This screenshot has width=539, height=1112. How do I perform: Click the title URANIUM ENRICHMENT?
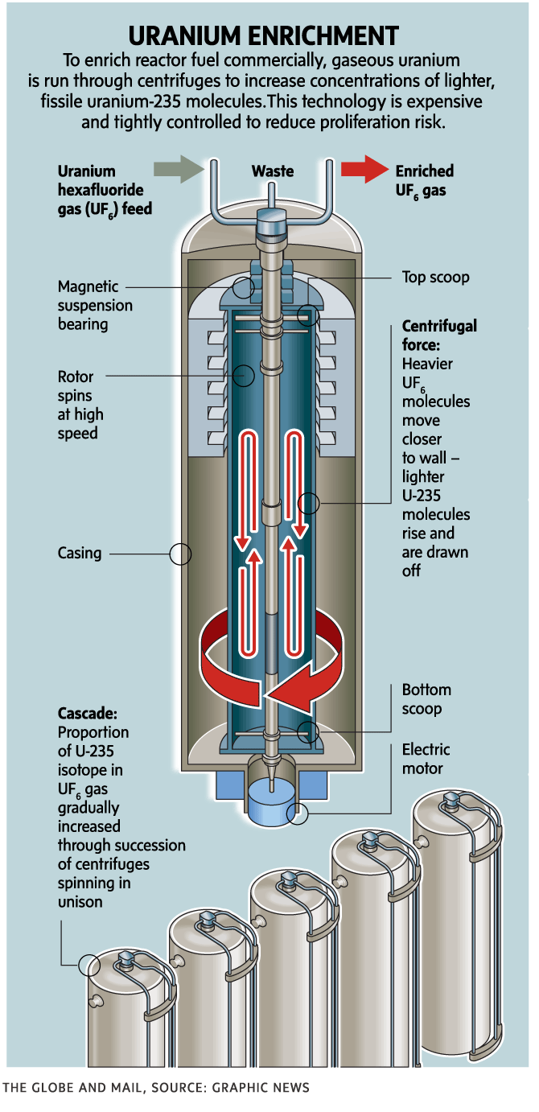tap(264, 35)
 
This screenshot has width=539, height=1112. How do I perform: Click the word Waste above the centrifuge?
tap(273, 171)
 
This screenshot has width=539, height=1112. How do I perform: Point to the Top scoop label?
tap(435, 277)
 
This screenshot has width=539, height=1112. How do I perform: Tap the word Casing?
tap(80, 554)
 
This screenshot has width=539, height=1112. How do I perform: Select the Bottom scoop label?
tap(426, 699)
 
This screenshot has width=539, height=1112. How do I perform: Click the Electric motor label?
tap(426, 759)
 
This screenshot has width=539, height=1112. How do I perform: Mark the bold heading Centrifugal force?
tap(439, 336)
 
